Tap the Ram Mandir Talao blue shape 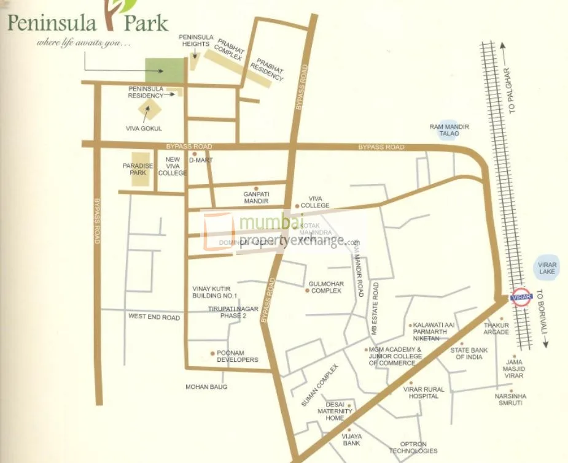tap(449, 131)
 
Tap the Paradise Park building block tap(141, 169)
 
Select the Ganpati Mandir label tap(256, 197)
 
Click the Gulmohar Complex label tap(325, 287)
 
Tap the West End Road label tap(154, 317)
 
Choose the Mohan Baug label tap(206, 387)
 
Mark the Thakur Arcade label tap(496, 329)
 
